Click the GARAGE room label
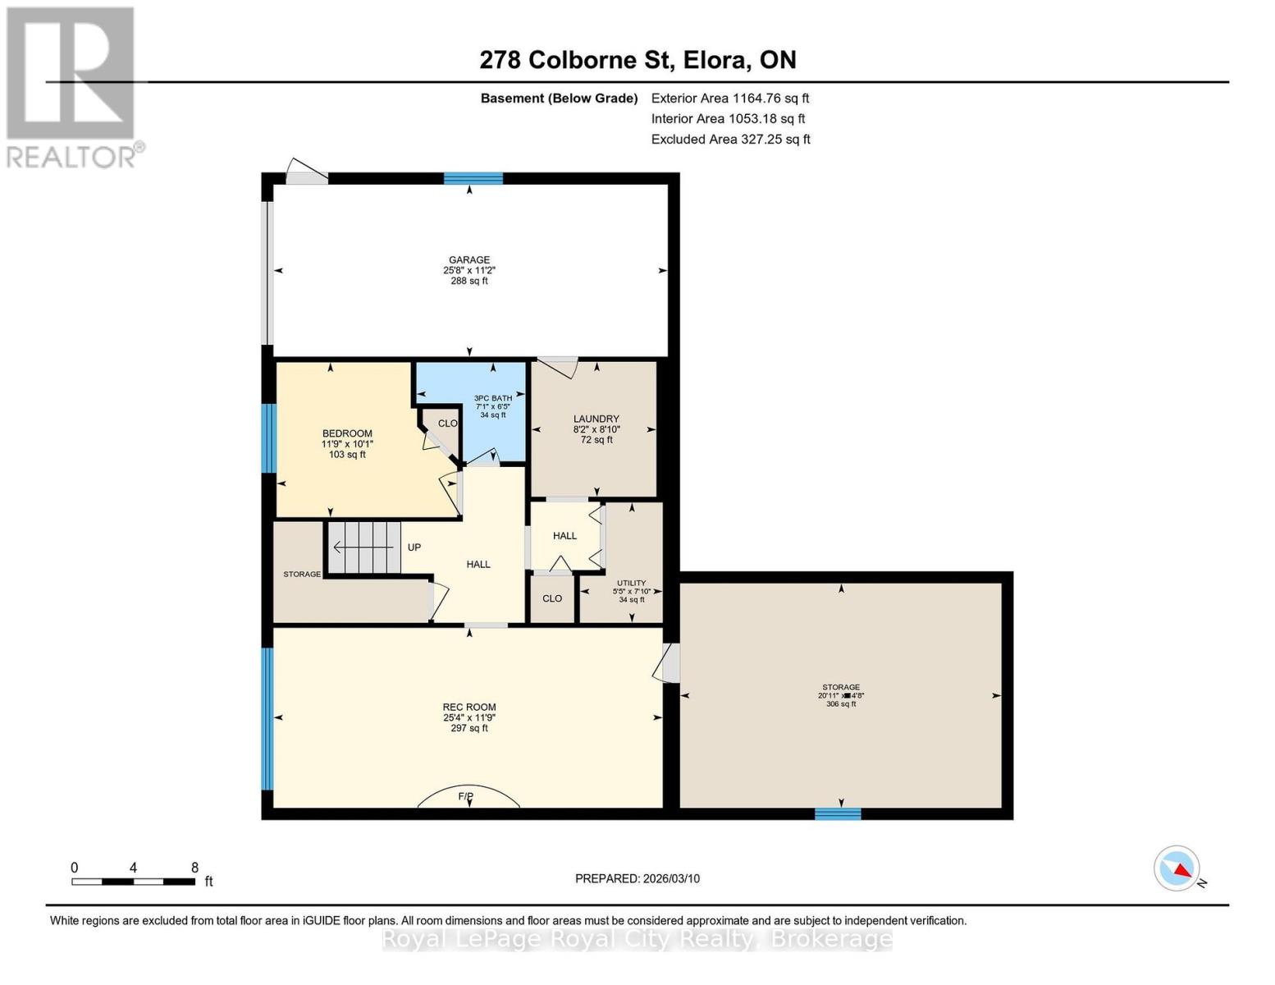[x=468, y=260]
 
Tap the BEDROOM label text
[x=347, y=433]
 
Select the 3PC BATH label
[x=493, y=398]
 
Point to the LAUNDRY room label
[x=596, y=419]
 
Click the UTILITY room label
[x=631, y=583]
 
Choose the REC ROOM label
[x=469, y=707]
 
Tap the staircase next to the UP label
[x=363, y=547]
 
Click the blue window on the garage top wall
[x=473, y=178]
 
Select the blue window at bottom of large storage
[x=838, y=813]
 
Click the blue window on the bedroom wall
[x=267, y=438]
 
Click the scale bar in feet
[x=133, y=882]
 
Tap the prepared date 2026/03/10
[x=637, y=878]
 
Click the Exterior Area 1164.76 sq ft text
[x=730, y=98]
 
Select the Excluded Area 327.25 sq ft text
[x=730, y=139]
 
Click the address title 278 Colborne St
[x=637, y=60]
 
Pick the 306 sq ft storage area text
[x=841, y=703]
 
